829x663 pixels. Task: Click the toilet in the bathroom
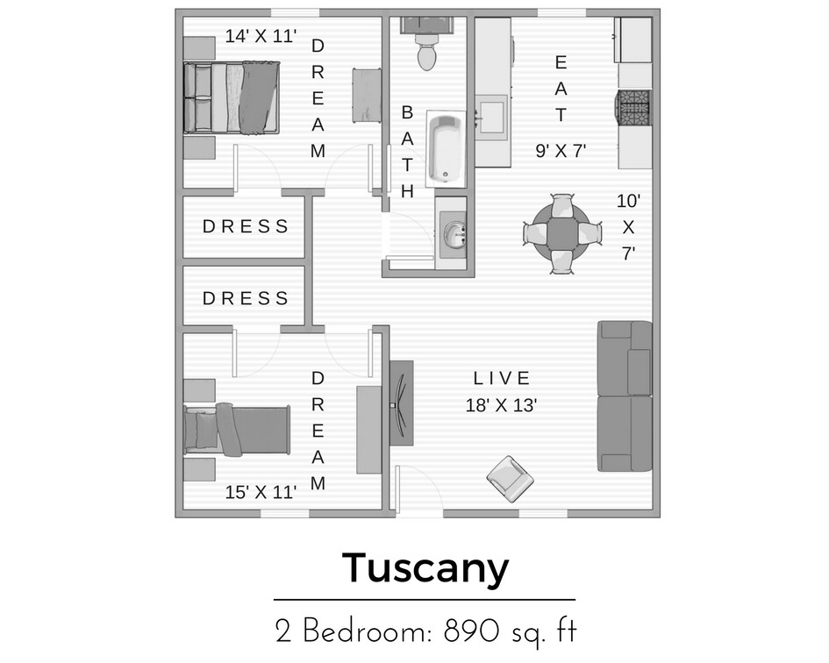tap(427, 52)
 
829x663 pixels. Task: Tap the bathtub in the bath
tap(447, 148)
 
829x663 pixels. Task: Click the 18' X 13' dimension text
tap(501, 405)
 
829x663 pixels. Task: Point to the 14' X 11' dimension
tap(261, 36)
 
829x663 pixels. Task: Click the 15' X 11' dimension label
tap(261, 492)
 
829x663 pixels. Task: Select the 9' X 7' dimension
tap(561, 150)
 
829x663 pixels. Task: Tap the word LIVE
tap(502, 379)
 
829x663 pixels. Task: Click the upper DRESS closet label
tap(246, 226)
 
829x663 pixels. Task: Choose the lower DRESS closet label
tap(246, 298)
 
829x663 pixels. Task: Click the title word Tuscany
tap(425, 567)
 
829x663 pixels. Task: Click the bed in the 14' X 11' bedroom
tap(232, 97)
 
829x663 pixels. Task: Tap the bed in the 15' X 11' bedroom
tap(237, 431)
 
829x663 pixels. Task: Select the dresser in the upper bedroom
tap(365, 94)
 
